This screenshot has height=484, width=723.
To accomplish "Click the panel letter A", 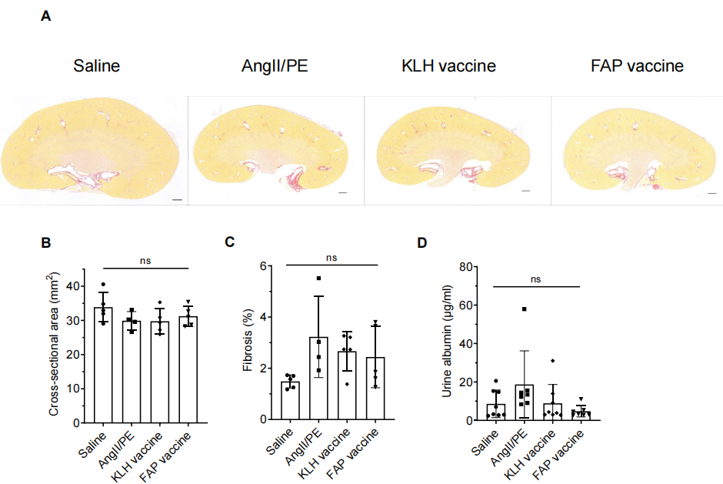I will pos(46,15).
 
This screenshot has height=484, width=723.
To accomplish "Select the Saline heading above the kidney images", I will pos(97,66).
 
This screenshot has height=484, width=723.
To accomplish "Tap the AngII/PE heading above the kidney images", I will pos(275,66).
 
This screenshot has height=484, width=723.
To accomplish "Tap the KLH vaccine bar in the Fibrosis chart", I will pos(347,386).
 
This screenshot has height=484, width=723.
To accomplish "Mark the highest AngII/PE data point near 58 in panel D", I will pos(524,309).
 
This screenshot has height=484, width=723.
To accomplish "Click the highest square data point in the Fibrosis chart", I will pos(318,279).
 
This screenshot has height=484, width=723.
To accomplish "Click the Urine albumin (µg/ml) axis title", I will pos(446,343).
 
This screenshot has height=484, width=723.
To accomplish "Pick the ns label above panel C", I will pos(332,258).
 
